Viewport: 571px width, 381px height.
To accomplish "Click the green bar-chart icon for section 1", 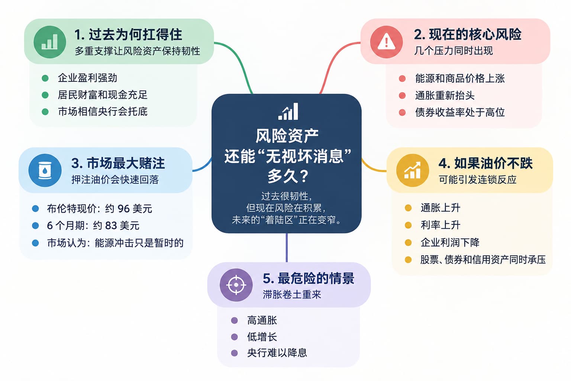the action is [50, 42].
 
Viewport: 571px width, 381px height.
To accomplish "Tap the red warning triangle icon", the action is [387, 42].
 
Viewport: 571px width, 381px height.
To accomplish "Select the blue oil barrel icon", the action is [45, 170].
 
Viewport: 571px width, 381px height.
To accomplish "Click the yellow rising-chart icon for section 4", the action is [412, 170].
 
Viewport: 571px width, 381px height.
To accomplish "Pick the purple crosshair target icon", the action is [236, 285].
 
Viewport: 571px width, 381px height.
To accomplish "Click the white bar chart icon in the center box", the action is [288, 111].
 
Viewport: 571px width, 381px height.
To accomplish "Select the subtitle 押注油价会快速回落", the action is [115, 180].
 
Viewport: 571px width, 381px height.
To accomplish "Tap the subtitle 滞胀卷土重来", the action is [292, 294].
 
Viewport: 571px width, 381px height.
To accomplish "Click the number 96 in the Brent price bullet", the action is [124, 209].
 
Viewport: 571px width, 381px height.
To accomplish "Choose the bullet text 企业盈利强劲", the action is [87, 78].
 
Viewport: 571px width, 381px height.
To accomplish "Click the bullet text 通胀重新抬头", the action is [445, 96].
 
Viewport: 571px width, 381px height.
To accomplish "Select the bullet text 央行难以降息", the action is [277, 353].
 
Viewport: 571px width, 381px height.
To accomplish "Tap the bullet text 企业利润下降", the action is [450, 242].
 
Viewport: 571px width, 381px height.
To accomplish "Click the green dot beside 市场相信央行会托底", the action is [45, 112].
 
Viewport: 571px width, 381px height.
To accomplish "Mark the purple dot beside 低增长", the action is [234, 337].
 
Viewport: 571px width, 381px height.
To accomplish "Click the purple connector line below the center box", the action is [287, 247].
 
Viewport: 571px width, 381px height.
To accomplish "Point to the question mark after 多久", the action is [303, 176].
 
